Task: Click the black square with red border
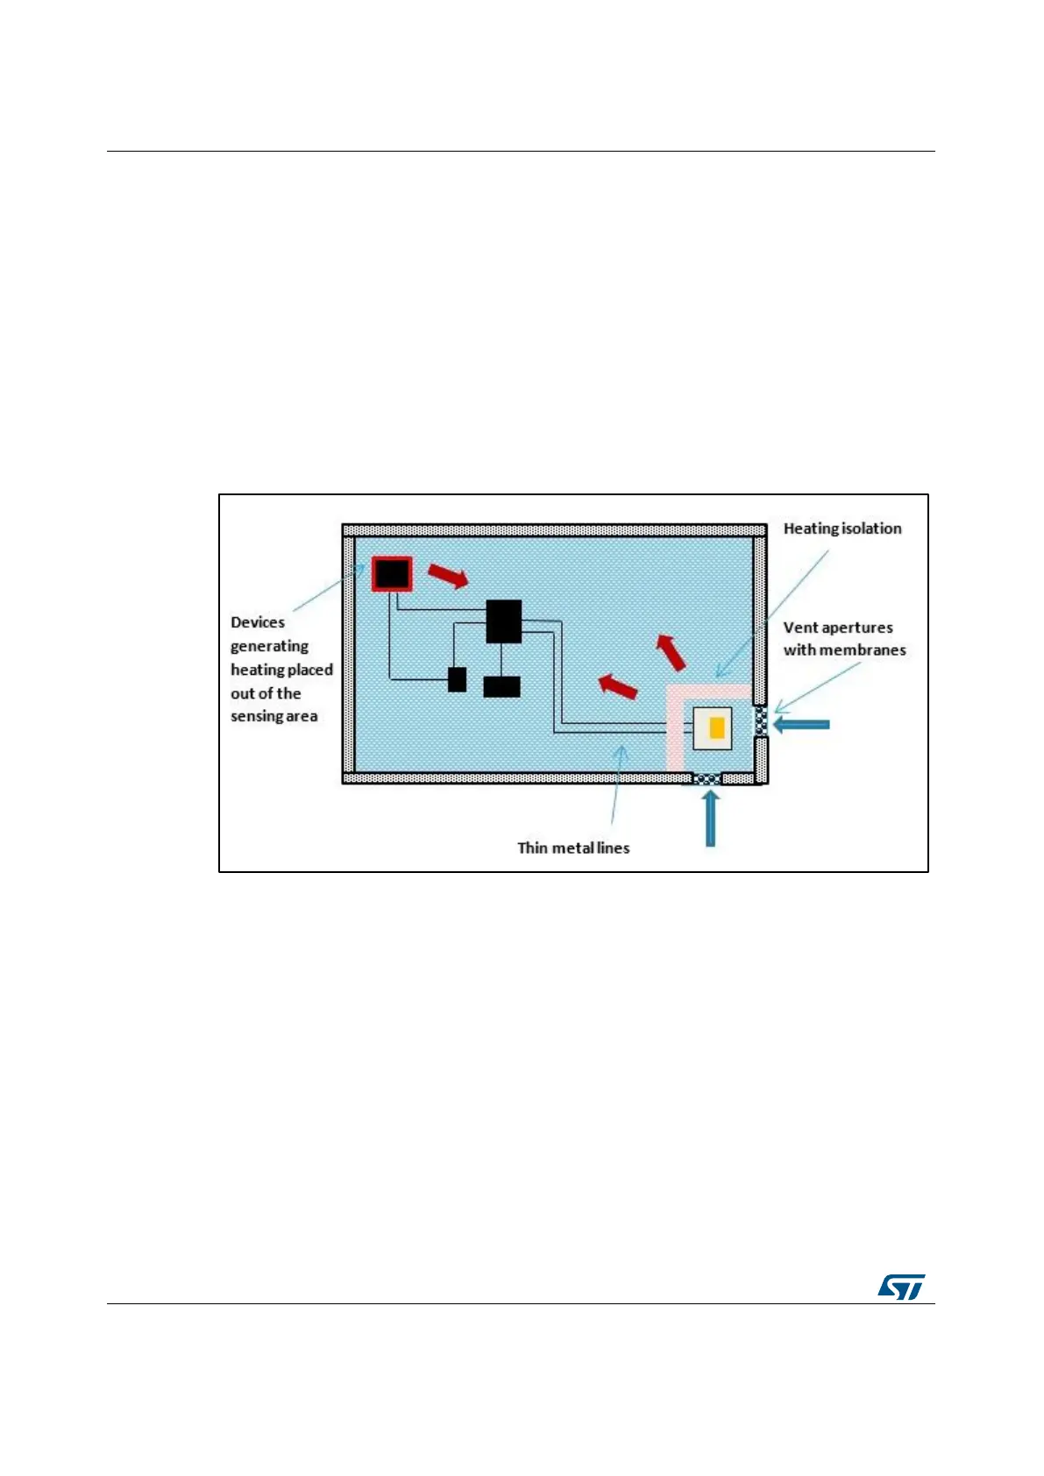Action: [392, 574]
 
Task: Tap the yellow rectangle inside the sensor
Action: [717, 727]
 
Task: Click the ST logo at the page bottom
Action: [901, 1287]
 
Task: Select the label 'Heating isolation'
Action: [842, 529]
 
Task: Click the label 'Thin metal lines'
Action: [573, 848]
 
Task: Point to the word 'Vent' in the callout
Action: [799, 628]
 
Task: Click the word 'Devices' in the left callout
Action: [258, 622]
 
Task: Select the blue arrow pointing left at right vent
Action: [801, 724]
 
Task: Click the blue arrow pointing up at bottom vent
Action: [710, 819]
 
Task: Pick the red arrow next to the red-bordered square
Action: [448, 576]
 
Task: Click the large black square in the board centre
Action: [504, 621]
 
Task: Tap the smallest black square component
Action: [457, 679]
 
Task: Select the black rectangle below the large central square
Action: [501, 686]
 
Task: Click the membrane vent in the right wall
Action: [761, 722]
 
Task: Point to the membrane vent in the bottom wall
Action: [707, 778]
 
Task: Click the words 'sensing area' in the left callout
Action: [273, 717]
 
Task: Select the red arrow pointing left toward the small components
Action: [618, 685]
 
